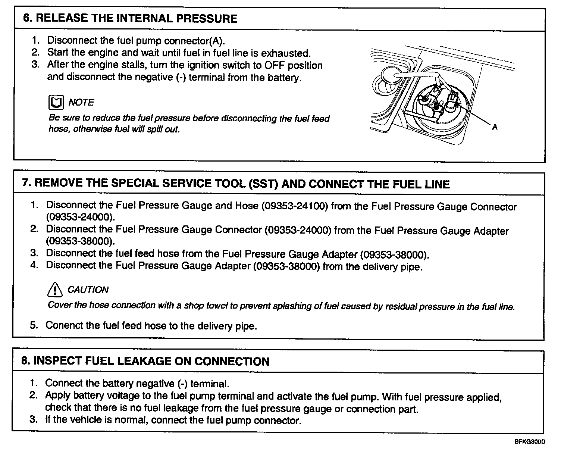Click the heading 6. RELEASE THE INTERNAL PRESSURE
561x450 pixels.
(130, 19)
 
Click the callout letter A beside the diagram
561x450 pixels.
(495, 127)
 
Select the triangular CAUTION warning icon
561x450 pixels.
(55, 289)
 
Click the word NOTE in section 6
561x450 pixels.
(81, 102)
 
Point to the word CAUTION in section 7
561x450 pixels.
(88, 290)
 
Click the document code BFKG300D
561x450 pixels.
(530, 442)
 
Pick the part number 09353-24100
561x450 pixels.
(295, 206)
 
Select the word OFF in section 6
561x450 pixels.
(275, 65)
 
